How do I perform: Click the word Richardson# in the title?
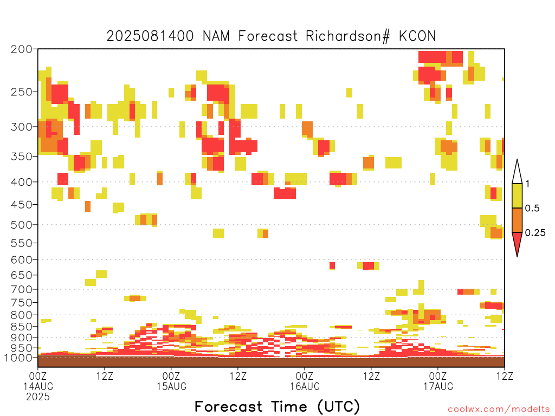click(x=348, y=36)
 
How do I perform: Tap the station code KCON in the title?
click(x=417, y=36)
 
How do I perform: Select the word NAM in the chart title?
click(x=216, y=36)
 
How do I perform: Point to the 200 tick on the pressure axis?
click(x=22, y=49)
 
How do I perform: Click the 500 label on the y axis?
click(x=22, y=225)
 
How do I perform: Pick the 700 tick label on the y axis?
click(x=22, y=289)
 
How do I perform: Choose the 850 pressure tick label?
click(x=22, y=326)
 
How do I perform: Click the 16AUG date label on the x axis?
click(x=305, y=386)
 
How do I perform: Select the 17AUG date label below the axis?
click(x=438, y=386)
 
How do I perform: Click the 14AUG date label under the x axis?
click(x=38, y=386)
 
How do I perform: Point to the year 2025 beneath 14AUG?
click(x=38, y=396)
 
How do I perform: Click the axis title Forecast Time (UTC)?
click(x=277, y=407)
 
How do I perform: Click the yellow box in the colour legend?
click(x=517, y=196)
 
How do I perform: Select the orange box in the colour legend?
click(x=517, y=220)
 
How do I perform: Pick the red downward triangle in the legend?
click(x=517, y=243)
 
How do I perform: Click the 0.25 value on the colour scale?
click(x=535, y=233)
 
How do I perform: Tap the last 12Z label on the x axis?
click(x=505, y=376)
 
